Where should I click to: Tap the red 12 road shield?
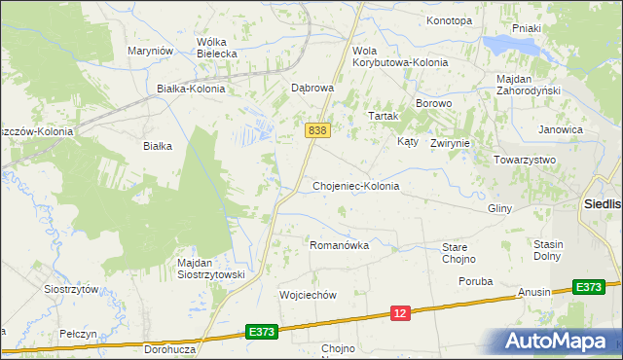coord(400,312)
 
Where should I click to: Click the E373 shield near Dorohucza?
coord(261,331)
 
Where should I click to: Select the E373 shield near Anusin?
coord(587,286)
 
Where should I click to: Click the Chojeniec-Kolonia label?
coord(355,185)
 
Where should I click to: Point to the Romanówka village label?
coord(339,245)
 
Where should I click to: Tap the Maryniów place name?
coord(151,51)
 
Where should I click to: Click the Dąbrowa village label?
coord(312,87)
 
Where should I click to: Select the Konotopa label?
coord(449,20)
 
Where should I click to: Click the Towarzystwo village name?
coord(524,160)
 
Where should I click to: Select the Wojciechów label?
coord(308,295)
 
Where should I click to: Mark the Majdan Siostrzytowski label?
coord(211,269)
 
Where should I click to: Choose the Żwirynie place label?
coord(450,142)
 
